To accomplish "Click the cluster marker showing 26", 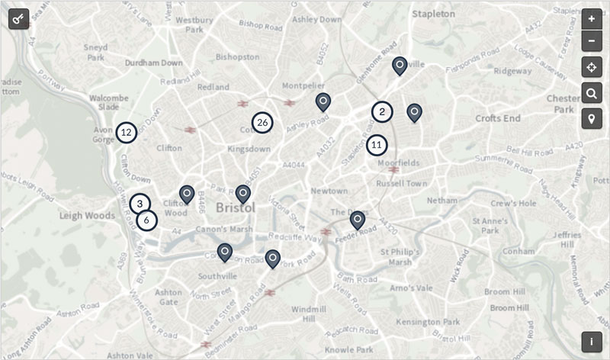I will (262, 122).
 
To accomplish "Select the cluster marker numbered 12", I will (127, 133).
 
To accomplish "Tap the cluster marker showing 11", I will (377, 144).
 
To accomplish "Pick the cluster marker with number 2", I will (382, 112).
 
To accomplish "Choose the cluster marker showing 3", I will (140, 204).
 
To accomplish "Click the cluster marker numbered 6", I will (147, 220).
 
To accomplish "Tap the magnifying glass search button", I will (591, 94).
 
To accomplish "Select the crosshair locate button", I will (591, 68).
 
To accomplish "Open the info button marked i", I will (591, 342).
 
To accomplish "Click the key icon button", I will (18, 18).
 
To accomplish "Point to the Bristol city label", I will (236, 207).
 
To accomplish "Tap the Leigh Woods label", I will (87, 216).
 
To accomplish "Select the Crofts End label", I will (497, 118).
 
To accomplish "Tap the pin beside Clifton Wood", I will (187, 194).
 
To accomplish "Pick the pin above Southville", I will (225, 252).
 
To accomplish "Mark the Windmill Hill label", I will (309, 313).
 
